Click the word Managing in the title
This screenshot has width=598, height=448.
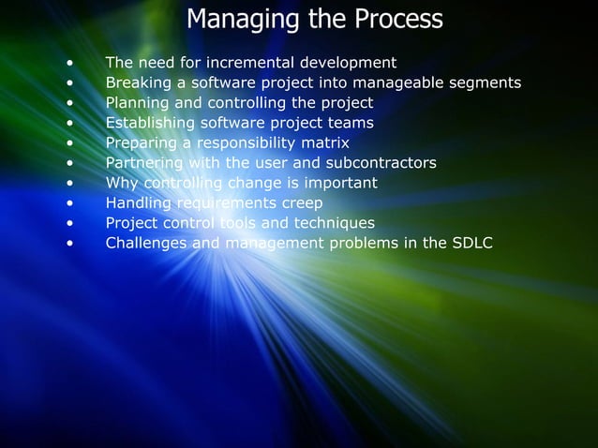[x=237, y=20]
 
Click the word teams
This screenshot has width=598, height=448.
[x=351, y=123]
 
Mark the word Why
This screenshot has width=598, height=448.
[x=119, y=183]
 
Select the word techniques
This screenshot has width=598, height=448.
[x=332, y=223]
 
